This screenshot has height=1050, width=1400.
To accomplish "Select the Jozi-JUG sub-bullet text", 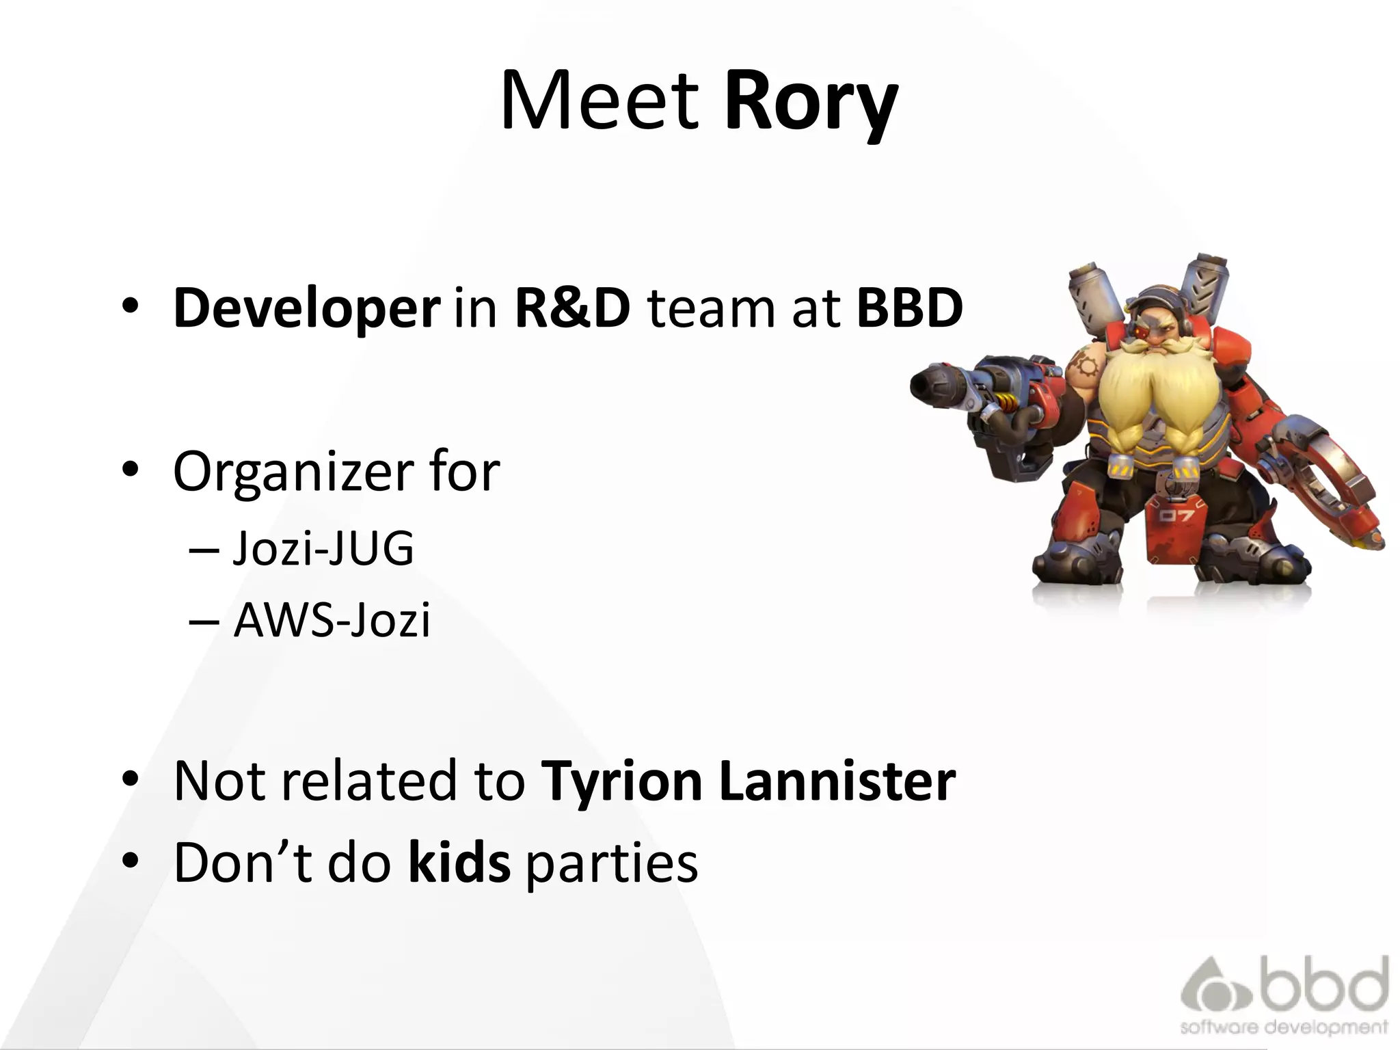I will [x=323, y=549].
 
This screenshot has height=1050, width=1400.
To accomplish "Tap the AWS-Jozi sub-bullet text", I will [x=332, y=621].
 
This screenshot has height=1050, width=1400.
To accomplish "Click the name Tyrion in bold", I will [x=622, y=781].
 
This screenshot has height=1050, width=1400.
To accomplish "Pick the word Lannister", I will [x=837, y=781].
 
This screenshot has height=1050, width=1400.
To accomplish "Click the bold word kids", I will [x=459, y=863].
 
